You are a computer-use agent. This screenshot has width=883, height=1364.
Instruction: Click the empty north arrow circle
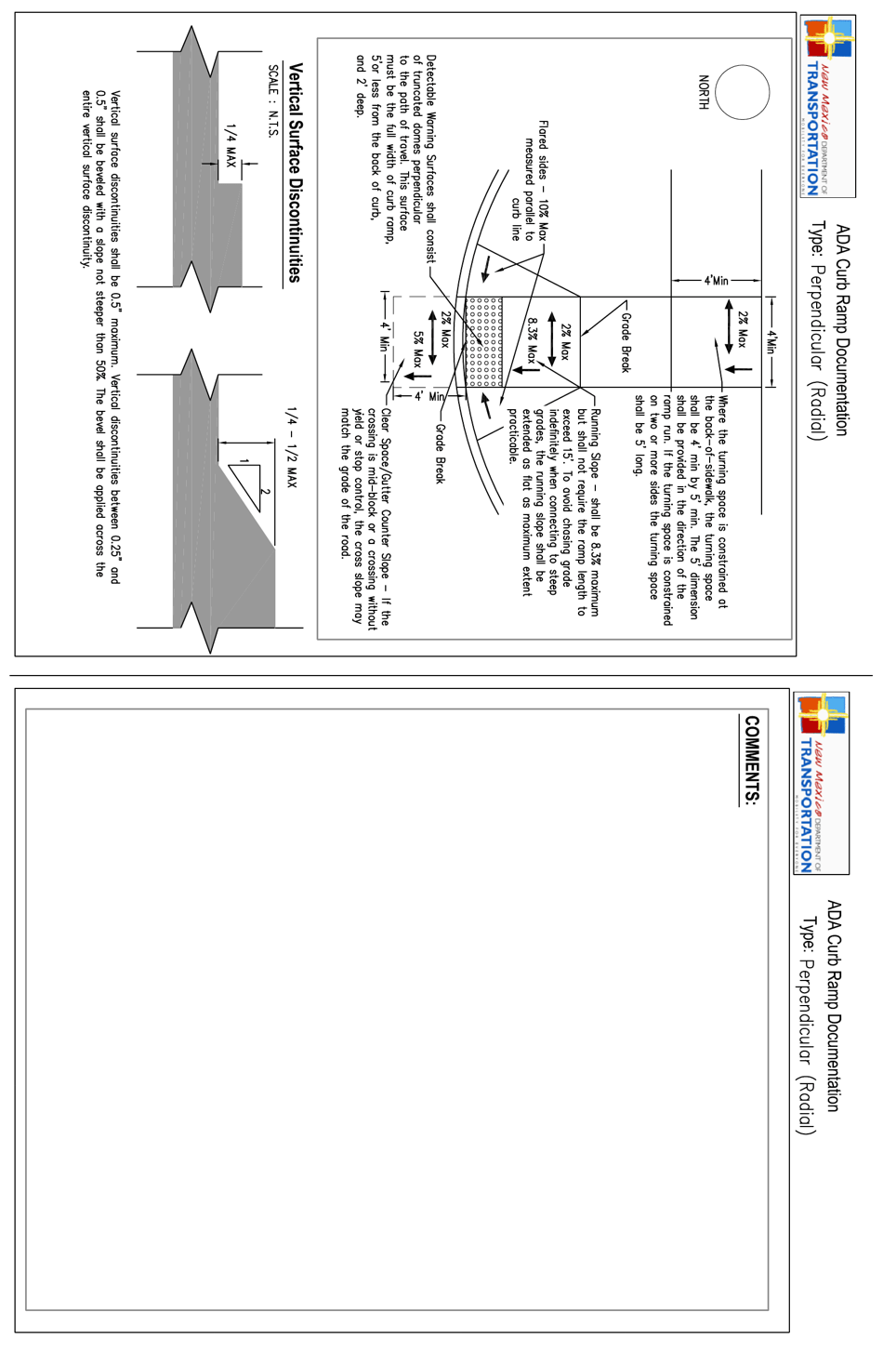point(743,92)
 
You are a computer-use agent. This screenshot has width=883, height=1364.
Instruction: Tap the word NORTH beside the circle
point(704,92)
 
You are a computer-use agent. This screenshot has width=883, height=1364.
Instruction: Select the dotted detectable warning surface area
point(483,342)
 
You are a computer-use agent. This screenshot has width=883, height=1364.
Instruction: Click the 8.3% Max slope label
point(532,341)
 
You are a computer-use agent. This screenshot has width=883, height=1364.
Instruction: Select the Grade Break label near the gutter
point(440,453)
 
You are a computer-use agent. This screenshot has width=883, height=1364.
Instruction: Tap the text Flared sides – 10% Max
point(543,180)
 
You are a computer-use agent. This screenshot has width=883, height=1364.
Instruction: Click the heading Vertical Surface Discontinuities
point(296,173)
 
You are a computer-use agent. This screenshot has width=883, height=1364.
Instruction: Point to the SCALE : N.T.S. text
point(272,101)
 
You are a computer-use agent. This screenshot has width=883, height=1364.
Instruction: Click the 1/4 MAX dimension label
point(231,146)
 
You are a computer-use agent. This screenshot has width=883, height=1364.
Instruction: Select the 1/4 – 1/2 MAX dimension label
point(292,446)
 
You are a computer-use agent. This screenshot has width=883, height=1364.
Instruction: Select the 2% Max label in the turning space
point(742,330)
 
